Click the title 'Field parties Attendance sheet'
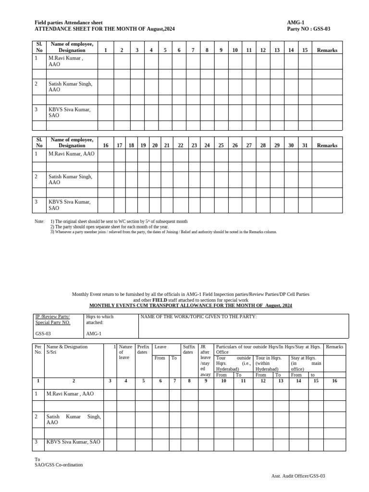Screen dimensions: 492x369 coord(68,23)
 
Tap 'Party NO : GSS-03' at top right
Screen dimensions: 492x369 coord(308,29)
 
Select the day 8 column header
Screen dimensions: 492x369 coord(207,50)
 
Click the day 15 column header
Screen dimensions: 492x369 coord(305,50)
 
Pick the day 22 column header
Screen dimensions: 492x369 coord(181,145)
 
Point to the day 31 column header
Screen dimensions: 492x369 coord(305,145)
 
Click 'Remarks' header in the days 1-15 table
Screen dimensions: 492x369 coord(327,50)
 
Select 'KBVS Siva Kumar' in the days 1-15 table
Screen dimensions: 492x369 coord(69,110)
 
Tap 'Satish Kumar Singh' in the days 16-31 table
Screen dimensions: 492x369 coord(70,176)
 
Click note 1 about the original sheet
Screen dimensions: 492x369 coord(119,221)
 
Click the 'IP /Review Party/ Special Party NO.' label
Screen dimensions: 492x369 coord(53,320)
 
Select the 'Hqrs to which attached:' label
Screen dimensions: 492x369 coord(99,320)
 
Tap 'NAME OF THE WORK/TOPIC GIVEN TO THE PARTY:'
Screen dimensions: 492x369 coord(198,317)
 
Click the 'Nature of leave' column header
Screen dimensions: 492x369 coord(125,352)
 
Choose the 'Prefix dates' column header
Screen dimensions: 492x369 coord(143,349)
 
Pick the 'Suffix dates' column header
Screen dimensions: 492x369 coord(188,349)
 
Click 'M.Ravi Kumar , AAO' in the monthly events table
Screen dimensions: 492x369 coord(70,394)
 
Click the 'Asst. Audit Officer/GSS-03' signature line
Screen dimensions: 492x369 coord(298,476)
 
